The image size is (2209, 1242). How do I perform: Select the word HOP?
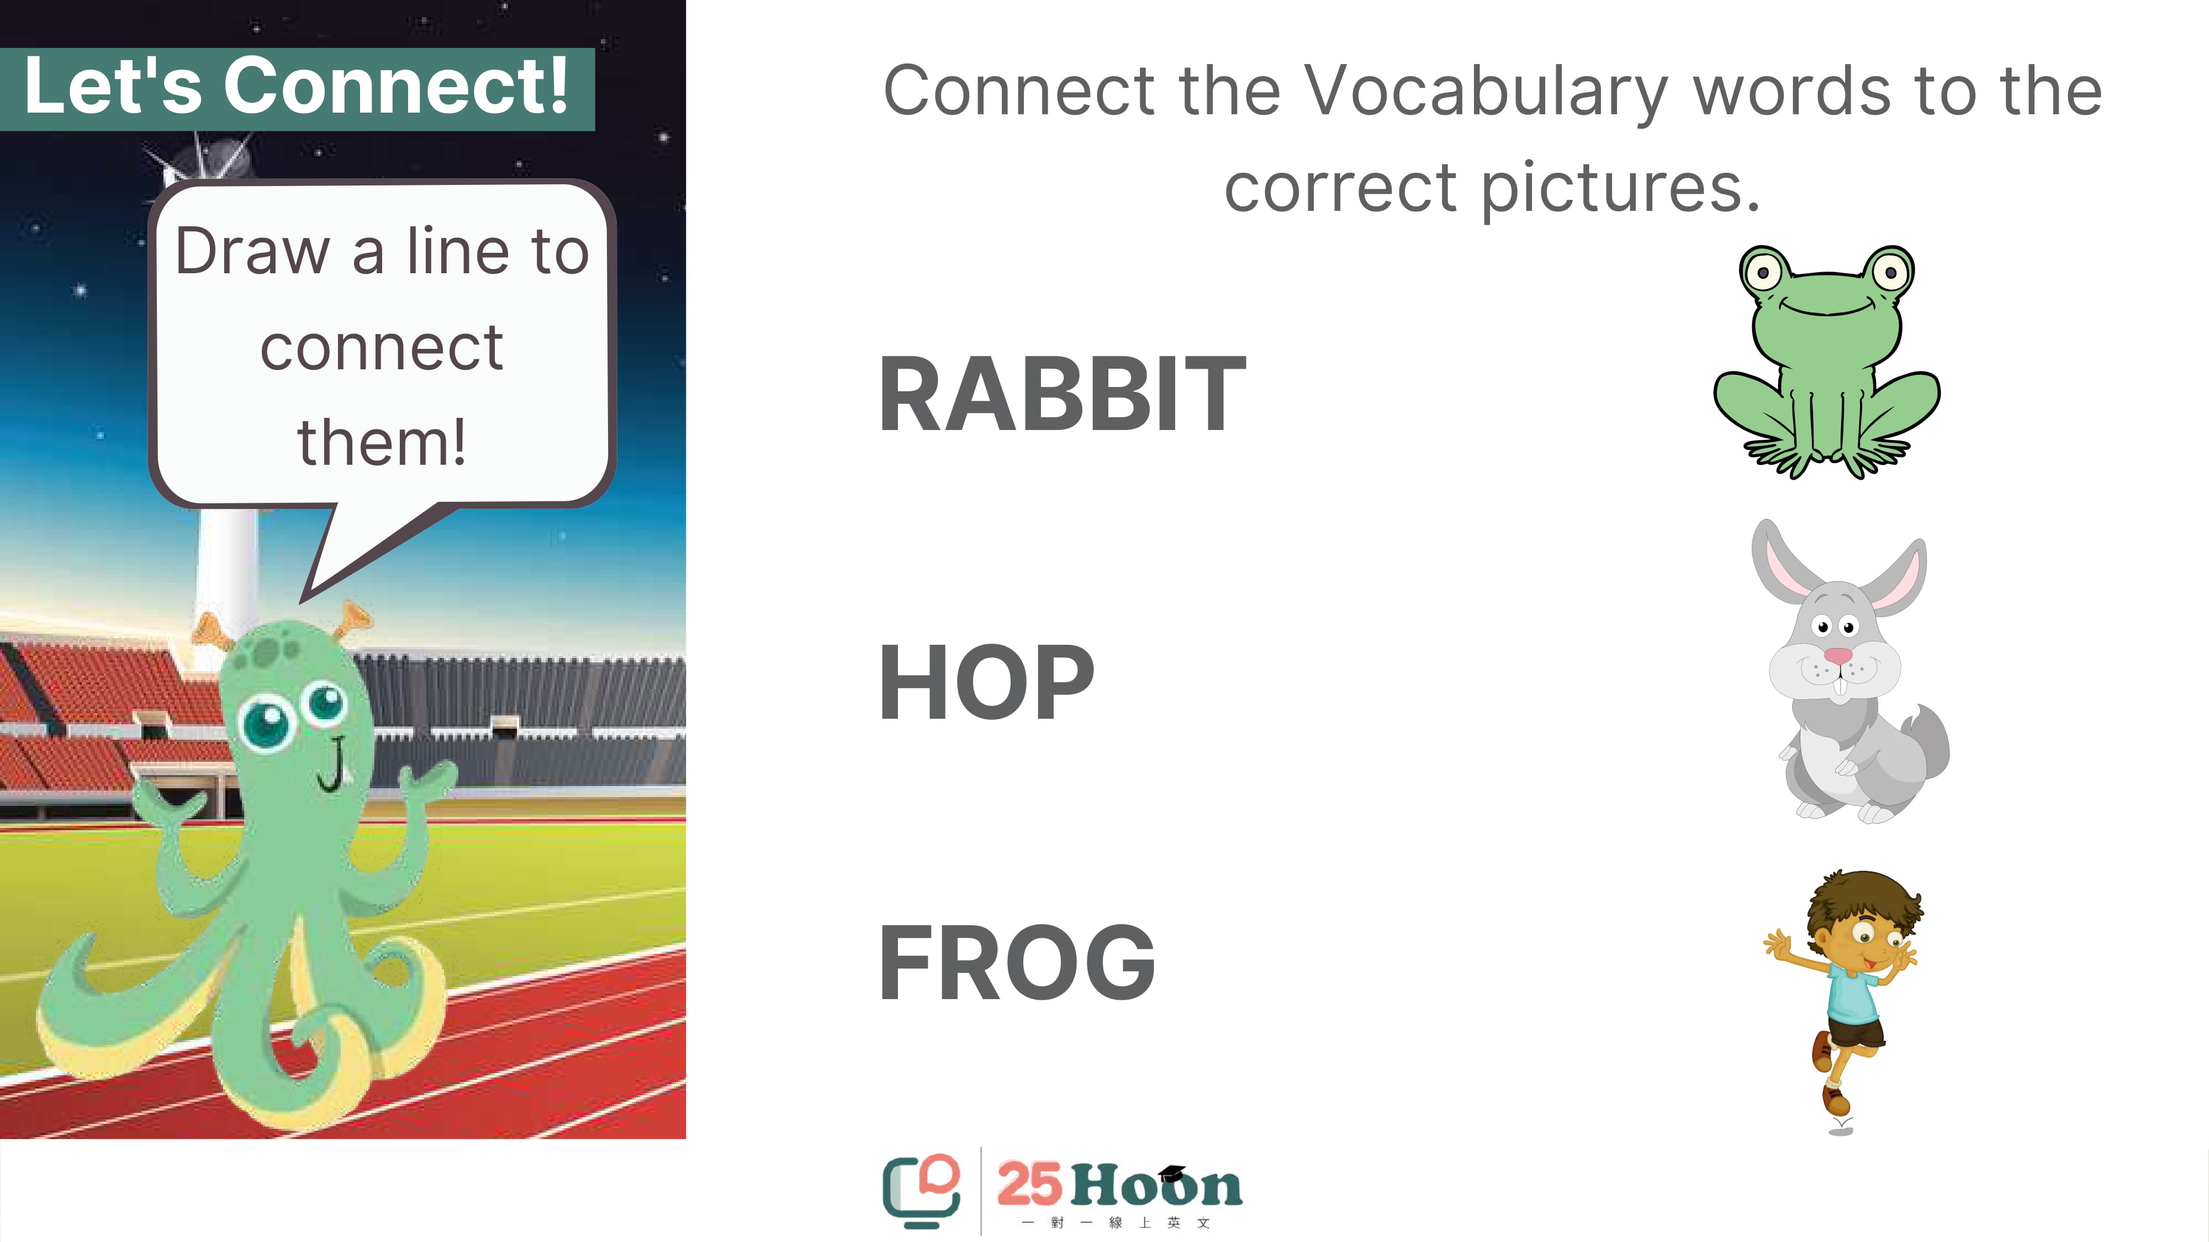987,682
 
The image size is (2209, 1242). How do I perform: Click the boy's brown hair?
1863,904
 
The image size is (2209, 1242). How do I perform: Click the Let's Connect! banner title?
297,86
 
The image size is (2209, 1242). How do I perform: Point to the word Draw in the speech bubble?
252,252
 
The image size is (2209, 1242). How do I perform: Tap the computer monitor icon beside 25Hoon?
921,1191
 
